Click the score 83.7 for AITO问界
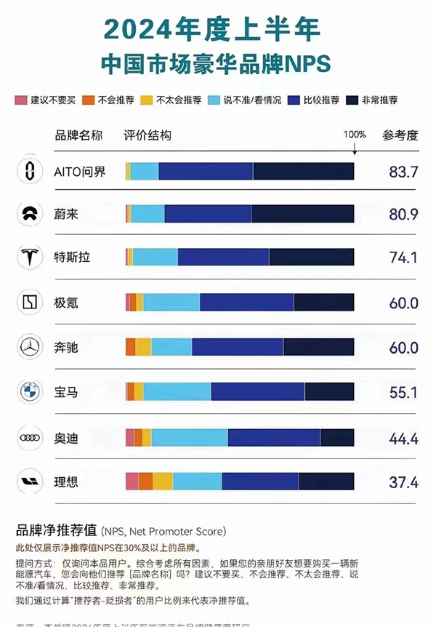click(x=403, y=172)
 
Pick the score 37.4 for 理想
click(x=403, y=482)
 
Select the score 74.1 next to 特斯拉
click(x=403, y=257)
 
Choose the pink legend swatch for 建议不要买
click(x=20, y=100)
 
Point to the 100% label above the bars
click(x=354, y=135)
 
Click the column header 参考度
click(x=401, y=135)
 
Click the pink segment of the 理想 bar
click(x=132, y=482)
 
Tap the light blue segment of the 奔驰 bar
click(x=171, y=347)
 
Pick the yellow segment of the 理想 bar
click(x=163, y=482)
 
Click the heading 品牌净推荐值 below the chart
click(x=57, y=530)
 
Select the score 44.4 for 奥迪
click(x=403, y=437)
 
